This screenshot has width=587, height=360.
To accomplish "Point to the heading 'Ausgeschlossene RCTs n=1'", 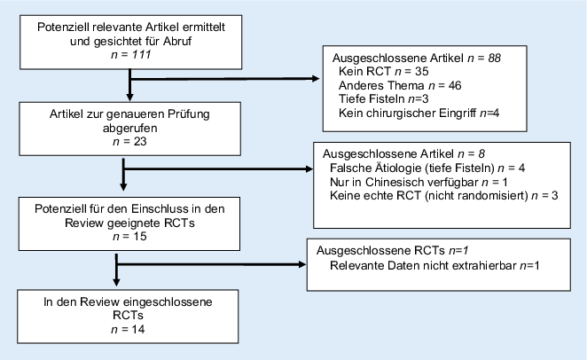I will click(x=386, y=252).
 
